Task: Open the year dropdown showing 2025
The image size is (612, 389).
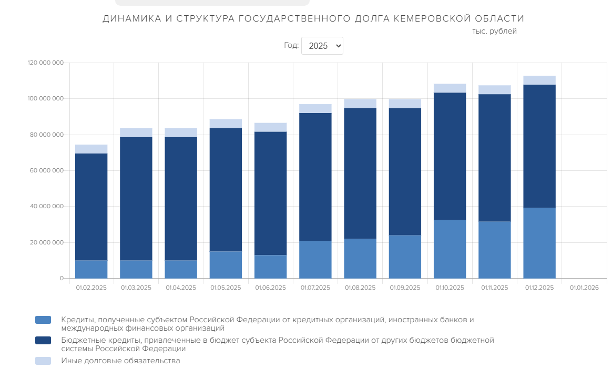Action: [x=322, y=46]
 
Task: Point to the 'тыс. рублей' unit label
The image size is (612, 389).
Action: [x=494, y=32]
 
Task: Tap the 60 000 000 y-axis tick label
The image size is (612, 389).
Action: [x=46, y=171]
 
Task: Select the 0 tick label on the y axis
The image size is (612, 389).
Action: [x=61, y=278]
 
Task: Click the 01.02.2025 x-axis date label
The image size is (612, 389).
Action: [x=91, y=288]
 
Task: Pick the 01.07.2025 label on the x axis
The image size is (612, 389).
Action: [x=315, y=288]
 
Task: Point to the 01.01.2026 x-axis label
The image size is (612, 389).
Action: [x=584, y=288]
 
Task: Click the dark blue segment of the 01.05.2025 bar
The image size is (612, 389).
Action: [x=226, y=189]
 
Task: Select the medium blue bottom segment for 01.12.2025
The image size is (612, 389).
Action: [x=539, y=243]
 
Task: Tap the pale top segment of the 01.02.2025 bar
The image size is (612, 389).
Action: [x=91, y=149]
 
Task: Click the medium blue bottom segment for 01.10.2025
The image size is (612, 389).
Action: [x=450, y=249]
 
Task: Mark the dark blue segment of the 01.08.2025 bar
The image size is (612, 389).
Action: [x=360, y=173]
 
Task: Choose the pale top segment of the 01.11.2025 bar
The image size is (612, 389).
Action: [x=494, y=89]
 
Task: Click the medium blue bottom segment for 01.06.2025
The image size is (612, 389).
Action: [x=270, y=267]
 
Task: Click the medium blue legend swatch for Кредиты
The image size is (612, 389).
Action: [x=43, y=320]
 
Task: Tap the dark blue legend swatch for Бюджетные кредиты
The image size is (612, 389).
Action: [x=43, y=341]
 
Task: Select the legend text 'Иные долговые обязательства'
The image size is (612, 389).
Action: [x=120, y=361]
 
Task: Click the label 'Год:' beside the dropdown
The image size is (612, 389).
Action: [x=291, y=46]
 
